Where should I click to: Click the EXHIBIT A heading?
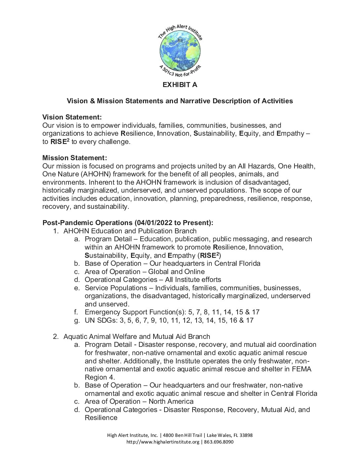click(180, 85)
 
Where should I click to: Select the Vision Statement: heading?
click(72, 117)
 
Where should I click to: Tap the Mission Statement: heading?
click(74, 158)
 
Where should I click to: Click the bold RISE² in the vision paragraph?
click(60, 142)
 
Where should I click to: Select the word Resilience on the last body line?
click(101, 418)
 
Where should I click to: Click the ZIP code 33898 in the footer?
click(246, 435)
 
